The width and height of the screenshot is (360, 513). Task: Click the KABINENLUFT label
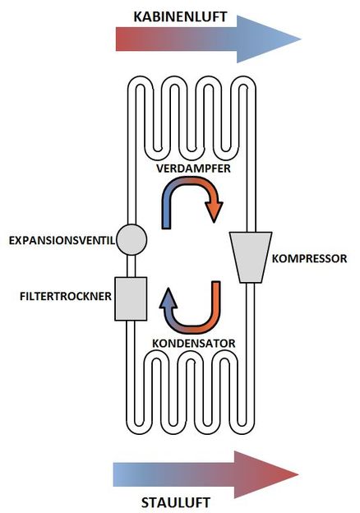pos(180,16)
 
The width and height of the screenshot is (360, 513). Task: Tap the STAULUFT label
pos(176,502)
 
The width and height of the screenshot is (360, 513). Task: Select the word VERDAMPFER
pos(193,169)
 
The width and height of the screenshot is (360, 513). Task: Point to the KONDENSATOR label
pos(194,344)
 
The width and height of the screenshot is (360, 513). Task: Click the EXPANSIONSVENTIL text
pos(62,241)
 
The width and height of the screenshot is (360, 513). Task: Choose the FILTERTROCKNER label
pos(66,296)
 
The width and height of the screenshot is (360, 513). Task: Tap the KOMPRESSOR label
pos(309,258)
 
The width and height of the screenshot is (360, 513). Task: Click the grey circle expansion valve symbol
pos(132,239)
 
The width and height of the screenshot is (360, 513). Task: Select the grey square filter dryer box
pos(131,298)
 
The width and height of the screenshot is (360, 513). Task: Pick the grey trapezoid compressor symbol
pos(251,257)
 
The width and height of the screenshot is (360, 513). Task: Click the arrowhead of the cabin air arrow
pos(268,39)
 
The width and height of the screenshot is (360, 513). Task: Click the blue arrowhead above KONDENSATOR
pos(168,298)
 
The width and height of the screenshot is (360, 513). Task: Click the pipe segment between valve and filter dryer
pos(132,266)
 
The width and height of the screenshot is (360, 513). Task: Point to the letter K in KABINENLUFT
pos(138,16)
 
